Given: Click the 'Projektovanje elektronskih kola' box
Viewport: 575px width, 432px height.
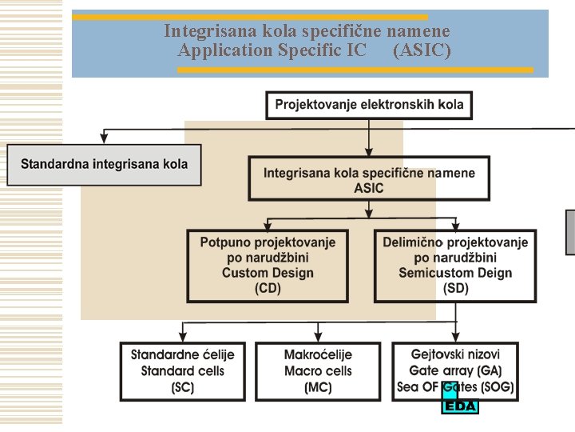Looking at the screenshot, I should coord(369,105).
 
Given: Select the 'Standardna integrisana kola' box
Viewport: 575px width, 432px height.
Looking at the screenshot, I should coord(104,165).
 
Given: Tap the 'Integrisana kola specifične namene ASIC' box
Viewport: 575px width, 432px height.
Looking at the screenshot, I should coord(369,181).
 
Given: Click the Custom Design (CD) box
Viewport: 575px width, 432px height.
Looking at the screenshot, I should coord(268,266).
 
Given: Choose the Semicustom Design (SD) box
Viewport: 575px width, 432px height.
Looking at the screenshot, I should coord(455,266).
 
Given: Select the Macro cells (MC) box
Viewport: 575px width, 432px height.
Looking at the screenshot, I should coord(318,371).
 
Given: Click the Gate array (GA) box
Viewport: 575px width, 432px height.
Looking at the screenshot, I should coord(455,371).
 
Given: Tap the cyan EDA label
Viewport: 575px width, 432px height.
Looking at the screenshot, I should coord(461,406).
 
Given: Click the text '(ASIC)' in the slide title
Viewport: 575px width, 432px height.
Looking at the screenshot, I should coord(422,50).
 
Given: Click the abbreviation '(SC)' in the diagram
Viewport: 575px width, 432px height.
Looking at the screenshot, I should coord(183,388).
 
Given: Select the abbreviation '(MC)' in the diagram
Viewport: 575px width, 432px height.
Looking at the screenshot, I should coord(318,388).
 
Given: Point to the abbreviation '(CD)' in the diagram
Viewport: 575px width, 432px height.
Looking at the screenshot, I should coord(268,288).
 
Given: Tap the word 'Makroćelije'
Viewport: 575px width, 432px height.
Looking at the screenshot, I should coord(318,354).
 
